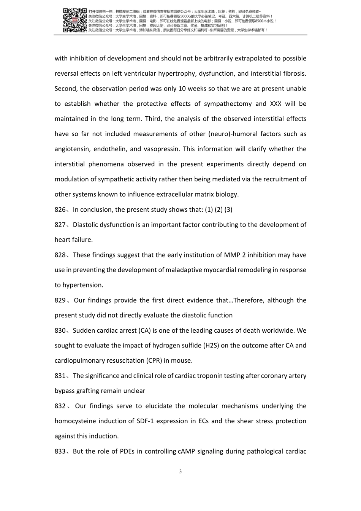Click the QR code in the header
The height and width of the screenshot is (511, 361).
point(74,20)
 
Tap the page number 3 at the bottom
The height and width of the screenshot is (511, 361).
point(180,472)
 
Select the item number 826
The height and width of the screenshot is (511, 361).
point(60,209)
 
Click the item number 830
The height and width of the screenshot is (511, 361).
point(60,330)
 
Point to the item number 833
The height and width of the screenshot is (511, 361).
point(60,451)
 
